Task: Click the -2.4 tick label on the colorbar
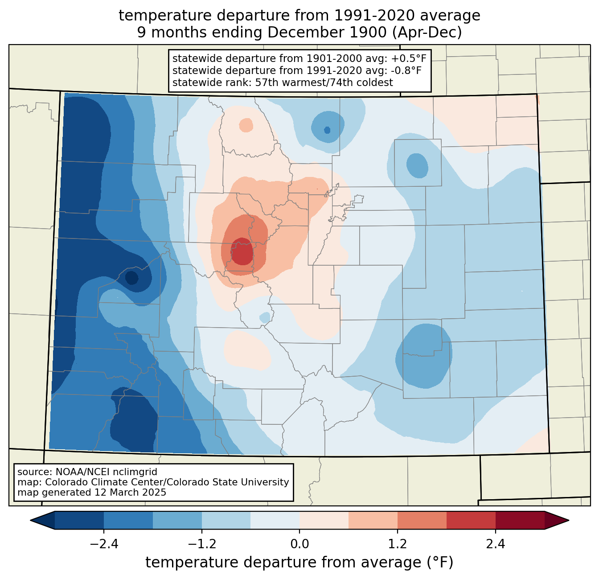click(x=104, y=544)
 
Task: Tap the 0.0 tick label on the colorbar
click(x=299, y=544)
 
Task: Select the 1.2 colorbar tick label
click(x=398, y=544)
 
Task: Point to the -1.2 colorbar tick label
click(x=202, y=544)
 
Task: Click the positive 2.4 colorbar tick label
click(x=496, y=544)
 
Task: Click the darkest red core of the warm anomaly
click(x=242, y=251)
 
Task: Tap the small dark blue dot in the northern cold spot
click(x=327, y=130)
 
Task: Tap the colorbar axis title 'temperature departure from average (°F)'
click(x=299, y=563)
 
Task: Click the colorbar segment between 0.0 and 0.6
click(x=324, y=521)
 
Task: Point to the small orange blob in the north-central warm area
click(x=246, y=125)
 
